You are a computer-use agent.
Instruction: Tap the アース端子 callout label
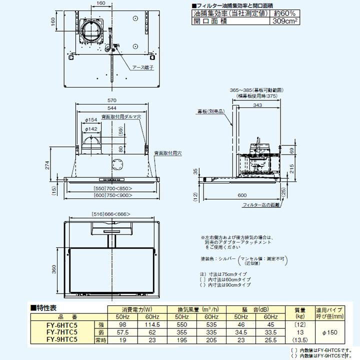pos(142,67)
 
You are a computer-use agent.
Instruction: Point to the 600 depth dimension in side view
pos(242,195)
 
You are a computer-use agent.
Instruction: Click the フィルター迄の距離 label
pos(259,204)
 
